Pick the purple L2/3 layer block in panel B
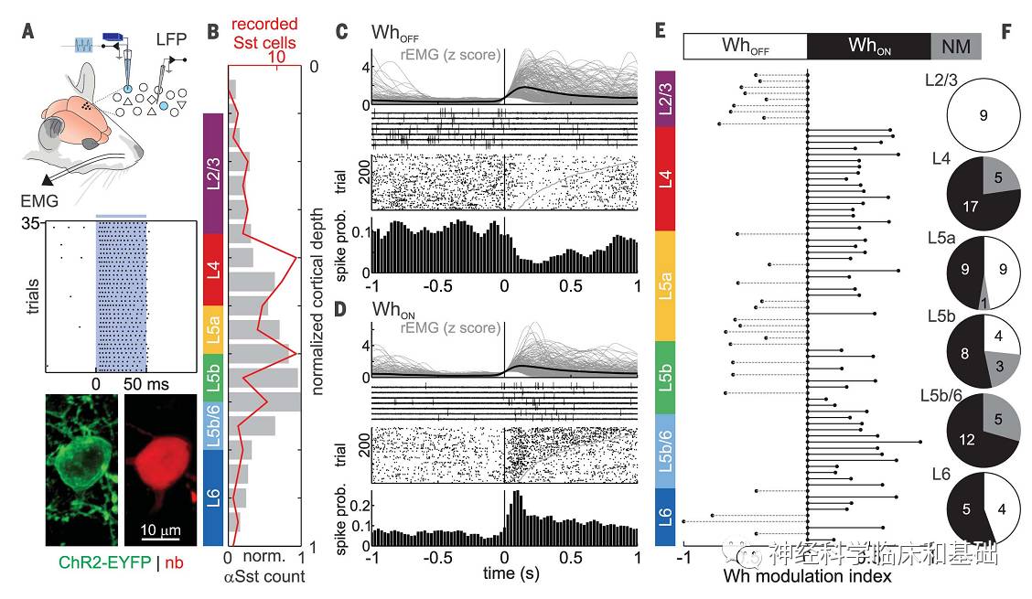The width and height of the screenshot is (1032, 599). pos(210,174)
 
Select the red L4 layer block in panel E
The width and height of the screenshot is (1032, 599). pos(666,179)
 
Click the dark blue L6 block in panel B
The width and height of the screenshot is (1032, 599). pos(210,499)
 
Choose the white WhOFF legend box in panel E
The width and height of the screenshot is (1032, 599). pos(744,46)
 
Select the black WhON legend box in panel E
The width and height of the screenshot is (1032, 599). pos(868,46)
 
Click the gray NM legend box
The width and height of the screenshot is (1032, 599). pos(956,46)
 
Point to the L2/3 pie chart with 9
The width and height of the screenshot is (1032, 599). pos(984,115)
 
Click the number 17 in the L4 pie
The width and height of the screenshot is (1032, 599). pos(964,207)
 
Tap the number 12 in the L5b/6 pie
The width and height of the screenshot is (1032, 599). pos(966,439)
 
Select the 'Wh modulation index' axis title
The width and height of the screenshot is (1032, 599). pos(807,577)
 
